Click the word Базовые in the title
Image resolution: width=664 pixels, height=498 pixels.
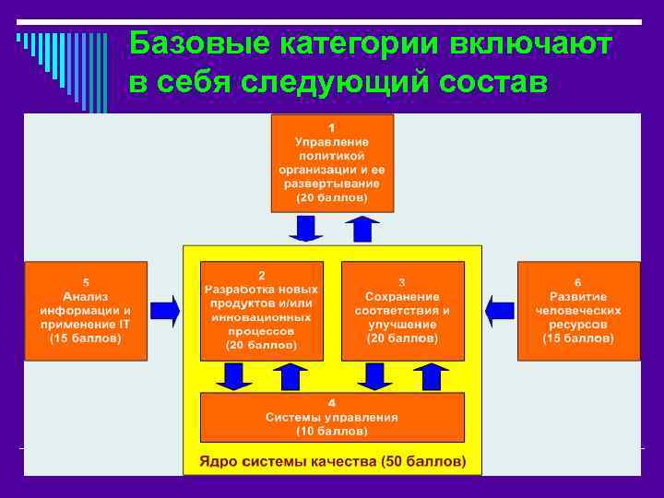tap(185, 42)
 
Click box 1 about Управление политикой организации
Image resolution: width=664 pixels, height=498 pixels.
tap(332, 163)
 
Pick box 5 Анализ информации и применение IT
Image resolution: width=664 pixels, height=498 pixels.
tap(86, 310)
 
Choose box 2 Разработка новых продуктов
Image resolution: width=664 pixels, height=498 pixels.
tap(261, 310)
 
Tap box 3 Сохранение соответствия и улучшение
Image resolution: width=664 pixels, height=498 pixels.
tap(402, 310)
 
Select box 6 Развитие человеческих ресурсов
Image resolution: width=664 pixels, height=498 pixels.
tap(578, 310)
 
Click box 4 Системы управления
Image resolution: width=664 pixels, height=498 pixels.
tap(332, 417)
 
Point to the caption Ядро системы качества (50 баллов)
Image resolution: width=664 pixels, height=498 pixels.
tap(332, 461)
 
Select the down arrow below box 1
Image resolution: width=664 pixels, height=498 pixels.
tap(304, 228)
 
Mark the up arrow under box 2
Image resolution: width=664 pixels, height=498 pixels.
tap(291, 375)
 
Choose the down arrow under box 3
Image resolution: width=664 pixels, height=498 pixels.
tap(374, 375)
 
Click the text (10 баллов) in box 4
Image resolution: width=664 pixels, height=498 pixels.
tap(332, 431)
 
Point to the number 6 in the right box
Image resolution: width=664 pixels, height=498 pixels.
tap(577, 281)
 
